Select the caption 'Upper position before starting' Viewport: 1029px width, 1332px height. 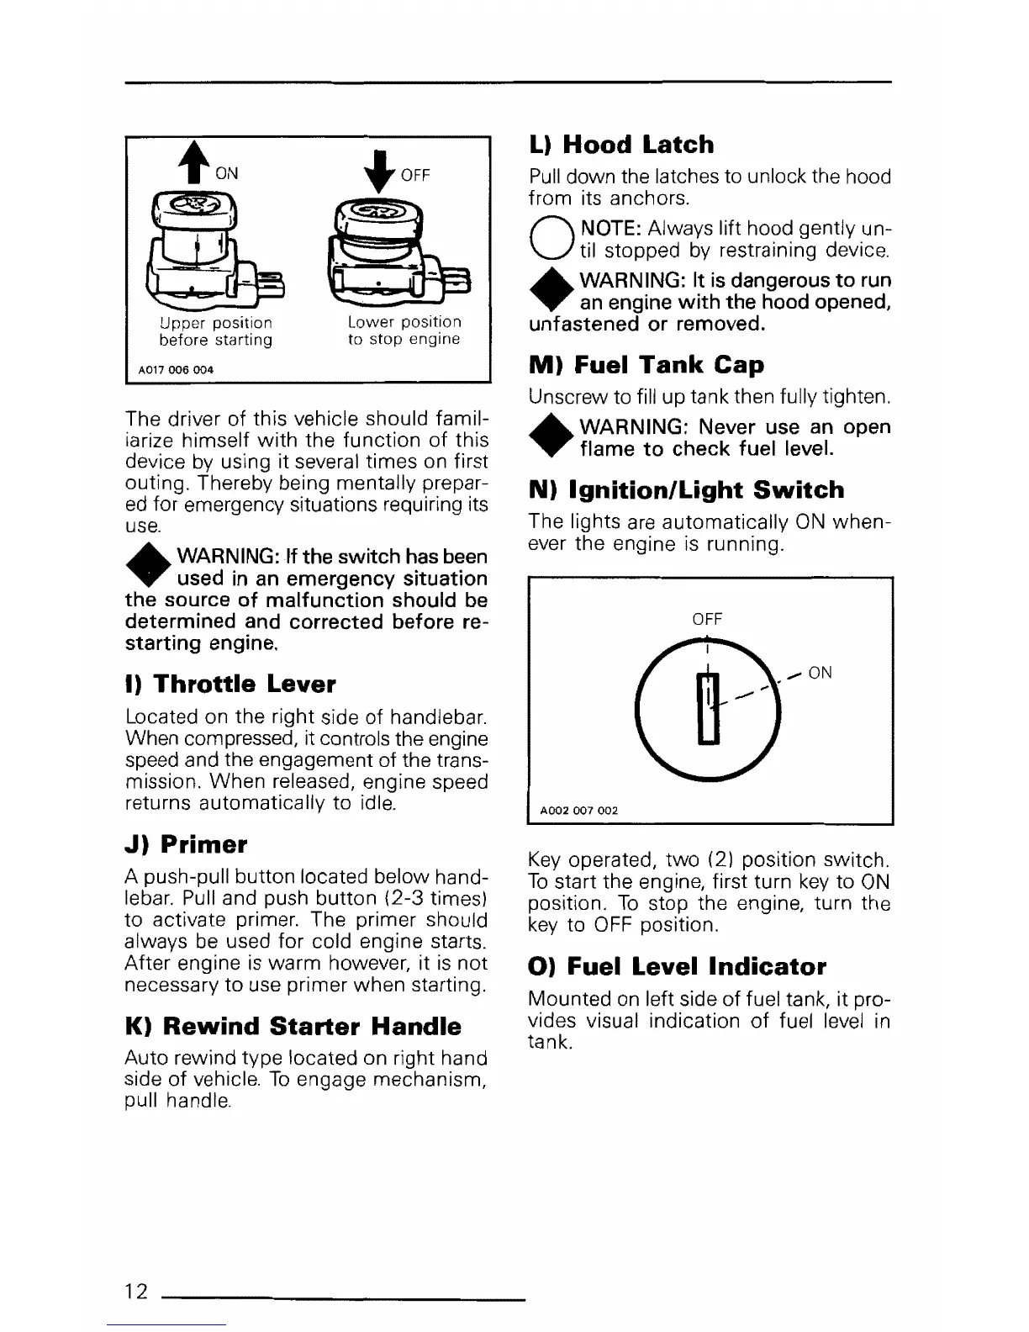tap(216, 331)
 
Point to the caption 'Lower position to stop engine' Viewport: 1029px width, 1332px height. tap(404, 330)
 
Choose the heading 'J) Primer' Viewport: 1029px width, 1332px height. tap(186, 844)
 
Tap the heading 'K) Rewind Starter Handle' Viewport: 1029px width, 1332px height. tap(293, 1026)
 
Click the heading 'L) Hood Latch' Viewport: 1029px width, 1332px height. tap(621, 145)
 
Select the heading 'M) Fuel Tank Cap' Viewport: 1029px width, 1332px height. tap(646, 365)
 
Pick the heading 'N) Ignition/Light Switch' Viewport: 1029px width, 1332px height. tap(686, 490)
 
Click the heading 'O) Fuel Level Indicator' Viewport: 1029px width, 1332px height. tap(677, 966)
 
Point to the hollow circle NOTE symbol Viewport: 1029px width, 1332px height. tap(550, 238)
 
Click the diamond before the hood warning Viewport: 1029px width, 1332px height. tap(550, 291)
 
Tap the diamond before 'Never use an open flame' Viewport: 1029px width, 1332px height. tap(550, 437)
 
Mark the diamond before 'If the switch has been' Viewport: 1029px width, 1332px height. tap(146, 566)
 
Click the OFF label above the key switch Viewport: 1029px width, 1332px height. tap(707, 619)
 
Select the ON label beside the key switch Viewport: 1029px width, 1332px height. tap(820, 673)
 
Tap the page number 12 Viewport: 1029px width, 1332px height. tap(136, 1291)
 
